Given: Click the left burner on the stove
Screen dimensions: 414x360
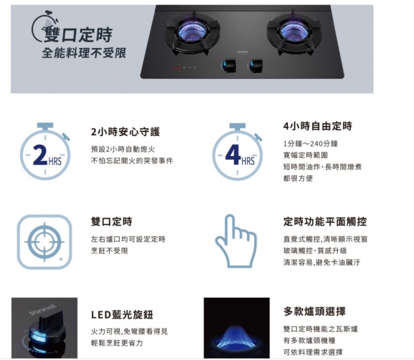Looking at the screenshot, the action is click(192, 33).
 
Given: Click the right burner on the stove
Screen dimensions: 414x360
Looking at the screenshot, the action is click(294, 32).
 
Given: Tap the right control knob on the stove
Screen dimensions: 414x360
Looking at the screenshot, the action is click(256, 66).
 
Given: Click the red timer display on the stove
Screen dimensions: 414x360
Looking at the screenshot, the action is click(176, 68).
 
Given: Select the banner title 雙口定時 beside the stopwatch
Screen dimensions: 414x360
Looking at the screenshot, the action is click(78, 35).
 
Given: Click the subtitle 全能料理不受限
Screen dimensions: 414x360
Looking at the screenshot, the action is click(84, 53).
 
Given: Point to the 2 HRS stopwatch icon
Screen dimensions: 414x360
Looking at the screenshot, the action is click(45, 151).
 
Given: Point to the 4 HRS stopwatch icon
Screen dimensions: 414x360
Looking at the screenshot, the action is click(238, 151).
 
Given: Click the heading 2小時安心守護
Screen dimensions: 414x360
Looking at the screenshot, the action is click(126, 131).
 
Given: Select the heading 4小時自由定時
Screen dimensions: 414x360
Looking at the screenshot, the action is click(317, 126).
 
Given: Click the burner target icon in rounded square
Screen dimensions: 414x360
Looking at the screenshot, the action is click(45, 242).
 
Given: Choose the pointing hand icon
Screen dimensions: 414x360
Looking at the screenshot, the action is click(236, 241).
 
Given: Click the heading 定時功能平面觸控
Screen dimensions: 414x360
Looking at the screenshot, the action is click(325, 221).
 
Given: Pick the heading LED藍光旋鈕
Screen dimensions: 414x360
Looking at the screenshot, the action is click(122, 315).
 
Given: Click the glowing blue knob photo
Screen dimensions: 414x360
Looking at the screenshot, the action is click(45, 328).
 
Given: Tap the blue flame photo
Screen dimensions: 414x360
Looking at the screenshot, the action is click(237, 328).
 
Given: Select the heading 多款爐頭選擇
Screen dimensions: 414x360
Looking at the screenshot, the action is click(315, 311).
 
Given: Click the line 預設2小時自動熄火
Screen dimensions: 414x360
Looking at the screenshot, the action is click(123, 149).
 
